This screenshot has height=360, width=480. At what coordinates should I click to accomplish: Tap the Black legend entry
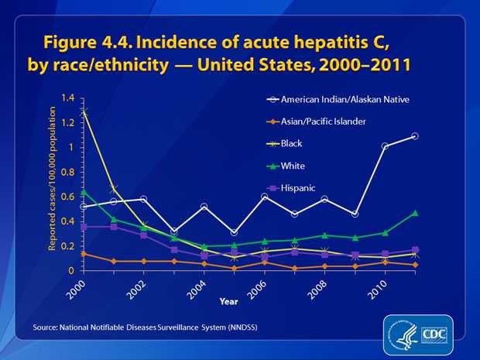pos(294,142)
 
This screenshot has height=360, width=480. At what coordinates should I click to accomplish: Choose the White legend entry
pos(295,165)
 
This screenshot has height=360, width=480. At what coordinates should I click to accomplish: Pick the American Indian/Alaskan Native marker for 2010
pos(385,146)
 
